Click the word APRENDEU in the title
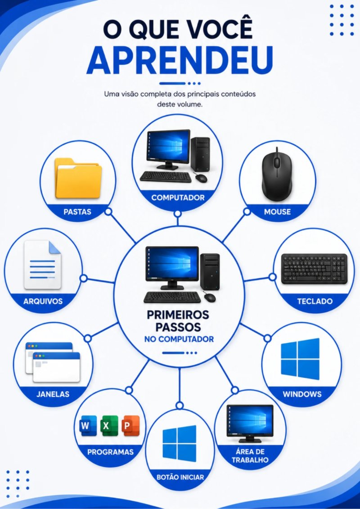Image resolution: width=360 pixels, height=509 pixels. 180,60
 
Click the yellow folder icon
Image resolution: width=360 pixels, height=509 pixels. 78,178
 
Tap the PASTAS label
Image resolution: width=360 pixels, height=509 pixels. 77,212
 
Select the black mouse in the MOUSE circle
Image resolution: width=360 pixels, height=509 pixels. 277,174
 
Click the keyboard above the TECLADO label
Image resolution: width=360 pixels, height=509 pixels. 314,269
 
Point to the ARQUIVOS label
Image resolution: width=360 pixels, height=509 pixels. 43,301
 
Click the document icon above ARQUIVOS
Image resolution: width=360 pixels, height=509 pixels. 42,265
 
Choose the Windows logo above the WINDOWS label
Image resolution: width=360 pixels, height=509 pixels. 300,359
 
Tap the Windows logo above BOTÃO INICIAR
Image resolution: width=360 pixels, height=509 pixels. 180,443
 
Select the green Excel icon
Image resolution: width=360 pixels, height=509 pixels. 109,425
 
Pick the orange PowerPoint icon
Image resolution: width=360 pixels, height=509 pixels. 130,425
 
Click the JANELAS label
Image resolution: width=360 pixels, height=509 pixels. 53,394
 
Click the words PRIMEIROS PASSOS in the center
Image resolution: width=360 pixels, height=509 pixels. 178,321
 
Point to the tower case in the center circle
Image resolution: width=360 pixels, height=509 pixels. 210,272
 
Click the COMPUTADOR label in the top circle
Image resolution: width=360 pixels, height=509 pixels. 178,198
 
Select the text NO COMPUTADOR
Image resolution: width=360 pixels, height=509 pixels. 179,339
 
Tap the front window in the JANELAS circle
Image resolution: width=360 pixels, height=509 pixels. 56,367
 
